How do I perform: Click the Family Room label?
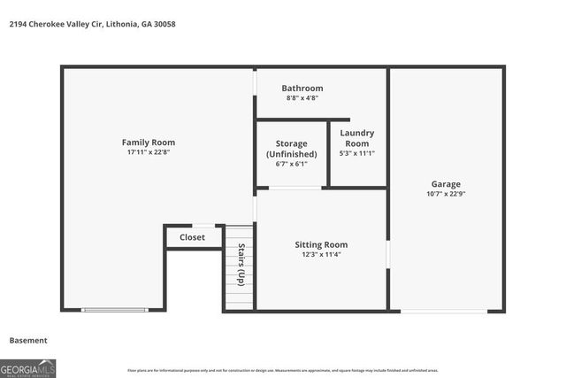pos(148,143)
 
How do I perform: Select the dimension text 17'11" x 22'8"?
pos(148,153)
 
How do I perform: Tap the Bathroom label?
pos(302,89)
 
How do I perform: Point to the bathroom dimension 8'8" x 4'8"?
pos(302,98)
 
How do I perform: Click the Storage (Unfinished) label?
pos(291,149)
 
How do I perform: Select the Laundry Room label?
pos(356,138)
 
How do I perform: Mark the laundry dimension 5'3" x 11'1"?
pos(356,153)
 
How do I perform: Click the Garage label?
pos(446,184)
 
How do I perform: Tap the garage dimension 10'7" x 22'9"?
pos(446,195)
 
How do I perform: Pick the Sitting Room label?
pos(321,244)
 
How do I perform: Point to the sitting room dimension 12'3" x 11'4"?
pos(321,255)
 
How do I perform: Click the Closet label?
pos(192,237)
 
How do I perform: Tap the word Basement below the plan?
pos(28,340)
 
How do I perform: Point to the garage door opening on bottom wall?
pos(443,311)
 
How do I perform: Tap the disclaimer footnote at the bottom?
pos(282,370)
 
